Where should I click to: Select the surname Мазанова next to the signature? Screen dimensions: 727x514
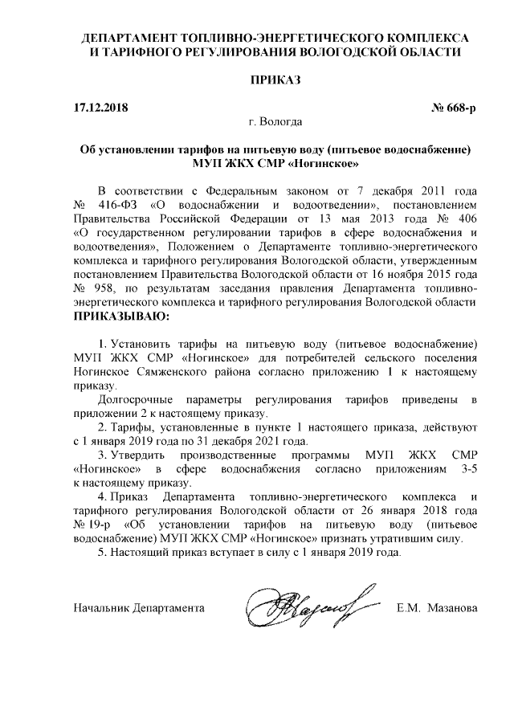point(453,606)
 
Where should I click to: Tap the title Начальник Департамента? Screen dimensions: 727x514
point(137,606)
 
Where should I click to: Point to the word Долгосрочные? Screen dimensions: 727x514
point(133,400)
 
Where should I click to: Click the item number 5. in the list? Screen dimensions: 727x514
point(100,553)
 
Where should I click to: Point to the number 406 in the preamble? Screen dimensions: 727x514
point(466,219)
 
